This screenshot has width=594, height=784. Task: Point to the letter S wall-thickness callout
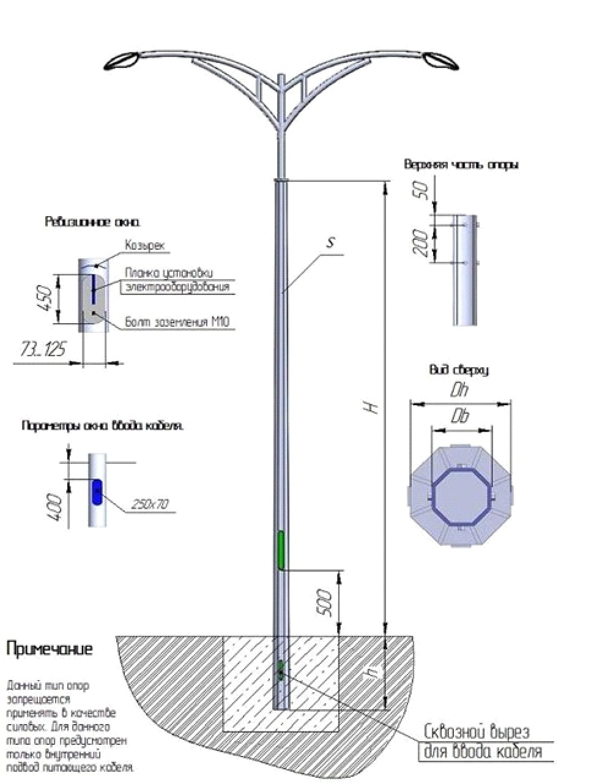[x=330, y=242]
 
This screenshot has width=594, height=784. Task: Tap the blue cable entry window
[x=97, y=493]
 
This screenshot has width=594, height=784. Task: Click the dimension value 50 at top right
[x=421, y=190]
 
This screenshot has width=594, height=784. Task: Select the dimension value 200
[x=421, y=242]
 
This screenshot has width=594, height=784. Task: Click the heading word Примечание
[x=50, y=649]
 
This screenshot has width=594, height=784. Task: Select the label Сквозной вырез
[x=477, y=732]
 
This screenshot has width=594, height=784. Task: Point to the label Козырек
[x=146, y=245]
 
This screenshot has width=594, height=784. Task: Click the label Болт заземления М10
[x=177, y=322]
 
